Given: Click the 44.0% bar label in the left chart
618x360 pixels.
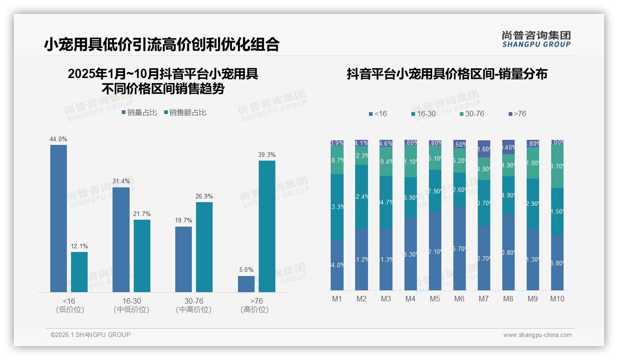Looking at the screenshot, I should click(59, 139).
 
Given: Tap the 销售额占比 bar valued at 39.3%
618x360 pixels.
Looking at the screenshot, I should click(267, 226).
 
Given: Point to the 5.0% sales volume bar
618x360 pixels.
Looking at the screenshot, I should click(246, 284).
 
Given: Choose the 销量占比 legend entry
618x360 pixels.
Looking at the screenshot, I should click(139, 112).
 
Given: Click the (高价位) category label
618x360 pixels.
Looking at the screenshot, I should click(254, 310).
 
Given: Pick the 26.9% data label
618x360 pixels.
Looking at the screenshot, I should click(204, 196).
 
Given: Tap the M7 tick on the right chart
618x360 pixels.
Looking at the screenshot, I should click(483, 299).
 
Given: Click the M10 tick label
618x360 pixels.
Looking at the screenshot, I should click(557, 299).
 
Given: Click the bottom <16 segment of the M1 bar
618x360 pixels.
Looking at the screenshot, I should click(337, 264).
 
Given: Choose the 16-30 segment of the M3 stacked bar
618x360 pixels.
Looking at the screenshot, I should click(386, 202).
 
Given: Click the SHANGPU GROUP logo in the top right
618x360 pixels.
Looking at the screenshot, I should click(536, 39).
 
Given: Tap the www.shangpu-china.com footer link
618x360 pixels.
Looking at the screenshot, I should click(537, 335).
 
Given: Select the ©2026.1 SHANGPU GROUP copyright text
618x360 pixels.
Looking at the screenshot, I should click(90, 335).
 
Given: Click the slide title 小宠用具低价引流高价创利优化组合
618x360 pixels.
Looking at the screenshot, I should click(162, 44).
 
